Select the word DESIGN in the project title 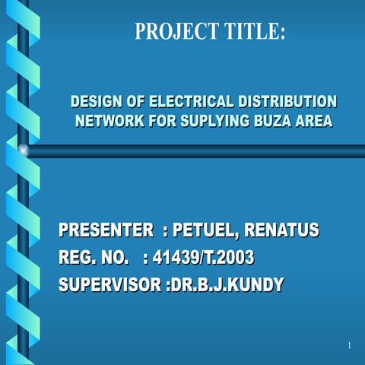[x=95, y=102]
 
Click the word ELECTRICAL [x=191, y=102]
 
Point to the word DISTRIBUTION [x=287, y=102]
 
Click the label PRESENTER [x=106, y=230]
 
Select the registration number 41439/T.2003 [x=203, y=259]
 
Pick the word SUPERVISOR [x=110, y=285]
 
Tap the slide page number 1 [x=348, y=346]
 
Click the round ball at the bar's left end [x=24, y=151]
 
